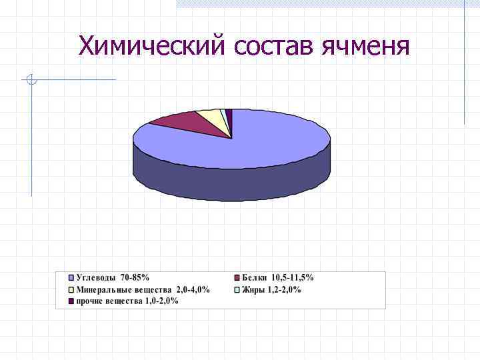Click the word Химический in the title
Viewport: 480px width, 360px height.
[x=153, y=46]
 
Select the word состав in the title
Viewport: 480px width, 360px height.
[x=274, y=46]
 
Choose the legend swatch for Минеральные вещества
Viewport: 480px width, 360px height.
[x=71, y=290]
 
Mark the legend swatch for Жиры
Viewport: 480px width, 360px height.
[x=236, y=290]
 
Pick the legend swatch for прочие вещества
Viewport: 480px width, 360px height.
[x=71, y=301]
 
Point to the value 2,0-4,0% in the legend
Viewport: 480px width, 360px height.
[x=193, y=290]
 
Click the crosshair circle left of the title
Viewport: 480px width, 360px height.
[x=31, y=81]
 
